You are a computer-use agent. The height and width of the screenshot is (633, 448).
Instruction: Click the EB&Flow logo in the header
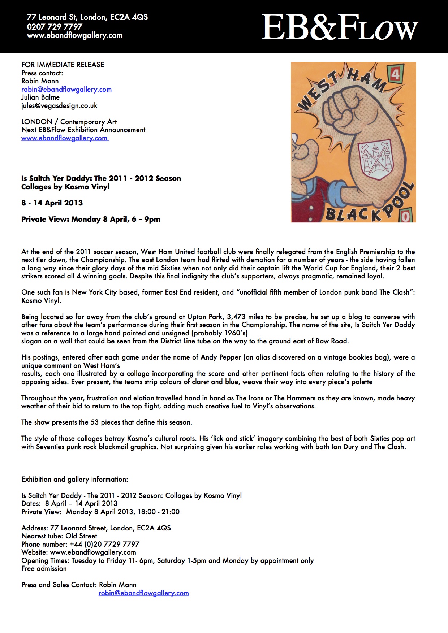click(339, 27)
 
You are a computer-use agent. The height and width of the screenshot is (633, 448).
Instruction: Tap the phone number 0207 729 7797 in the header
click(55, 26)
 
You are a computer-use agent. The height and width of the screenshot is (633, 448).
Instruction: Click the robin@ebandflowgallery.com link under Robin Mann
click(66, 90)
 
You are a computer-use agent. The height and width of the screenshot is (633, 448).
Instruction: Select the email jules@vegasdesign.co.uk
click(59, 106)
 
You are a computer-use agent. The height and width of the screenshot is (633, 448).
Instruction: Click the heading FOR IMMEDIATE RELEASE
click(63, 65)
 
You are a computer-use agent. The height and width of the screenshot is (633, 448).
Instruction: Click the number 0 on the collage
click(405, 216)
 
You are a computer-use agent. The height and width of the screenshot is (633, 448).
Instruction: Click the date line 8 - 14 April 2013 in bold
click(52, 203)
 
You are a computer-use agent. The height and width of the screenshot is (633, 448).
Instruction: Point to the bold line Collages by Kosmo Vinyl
click(65, 187)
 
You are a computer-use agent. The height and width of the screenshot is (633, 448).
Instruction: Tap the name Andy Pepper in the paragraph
click(221, 357)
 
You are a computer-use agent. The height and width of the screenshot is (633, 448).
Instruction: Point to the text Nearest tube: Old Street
click(59, 536)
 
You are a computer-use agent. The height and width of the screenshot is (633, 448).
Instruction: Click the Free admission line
click(44, 569)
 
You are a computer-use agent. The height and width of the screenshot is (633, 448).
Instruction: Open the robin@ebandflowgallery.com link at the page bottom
click(143, 593)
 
